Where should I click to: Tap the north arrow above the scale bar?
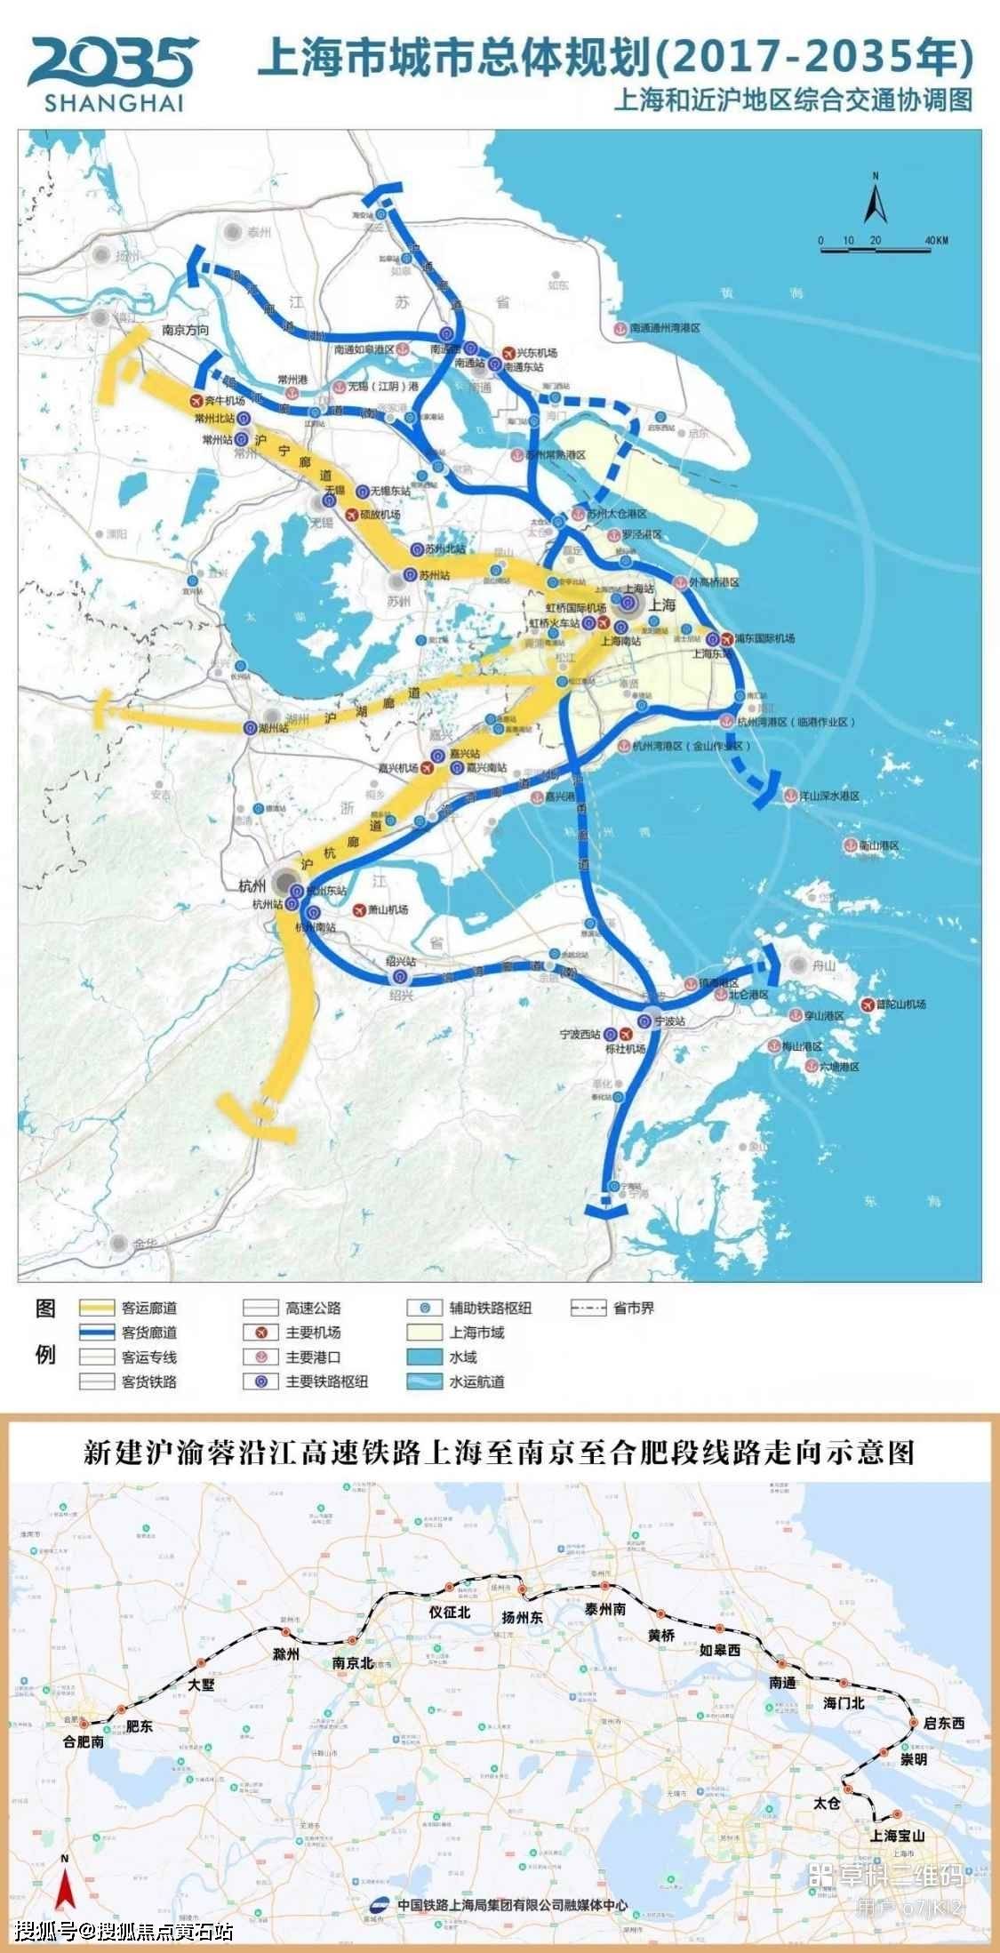875,199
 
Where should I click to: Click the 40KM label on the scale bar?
936,241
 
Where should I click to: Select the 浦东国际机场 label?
764,638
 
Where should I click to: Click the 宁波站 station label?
672,1022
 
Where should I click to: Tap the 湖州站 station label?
275,728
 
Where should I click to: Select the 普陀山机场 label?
900,1004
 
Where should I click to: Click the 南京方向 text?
186,329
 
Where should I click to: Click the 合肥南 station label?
84,1743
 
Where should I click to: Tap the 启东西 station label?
944,1723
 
